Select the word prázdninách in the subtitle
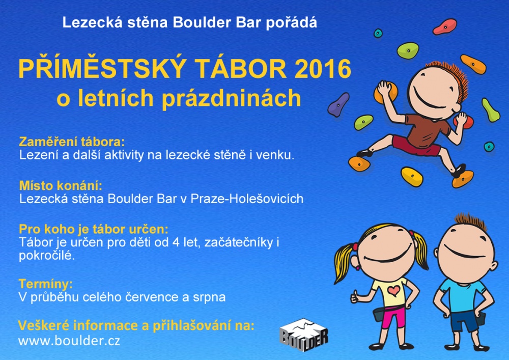point(231,98)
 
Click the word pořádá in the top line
point(292,23)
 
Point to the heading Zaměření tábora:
point(72,142)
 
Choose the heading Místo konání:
point(61,185)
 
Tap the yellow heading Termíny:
point(46,284)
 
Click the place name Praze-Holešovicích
point(247,199)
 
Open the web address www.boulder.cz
point(69,341)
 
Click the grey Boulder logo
point(304,335)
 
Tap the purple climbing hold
point(338,104)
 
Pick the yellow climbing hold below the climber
point(412,177)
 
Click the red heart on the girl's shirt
point(394,290)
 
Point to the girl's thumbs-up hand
point(355,296)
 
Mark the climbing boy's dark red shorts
point(415,146)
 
